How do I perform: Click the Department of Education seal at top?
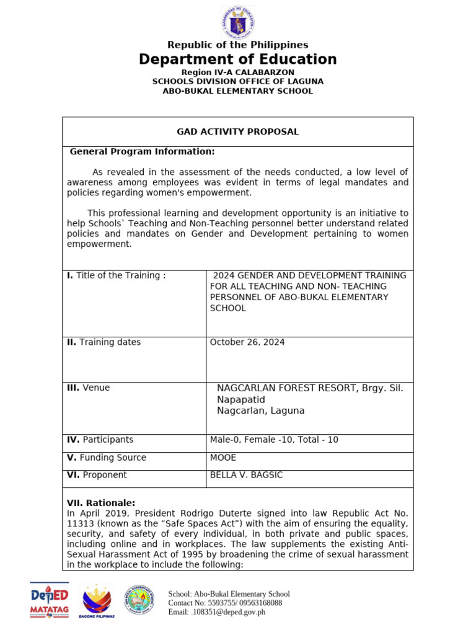[237, 22]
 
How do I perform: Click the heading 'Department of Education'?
[237, 60]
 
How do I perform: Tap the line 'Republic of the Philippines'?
[237, 45]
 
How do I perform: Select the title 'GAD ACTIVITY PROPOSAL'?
[237, 131]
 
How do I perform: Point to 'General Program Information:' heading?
[142, 151]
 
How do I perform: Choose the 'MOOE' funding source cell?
[223, 458]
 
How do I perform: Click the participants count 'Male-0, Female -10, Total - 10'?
[274, 440]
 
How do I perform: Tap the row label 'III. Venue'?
[88, 388]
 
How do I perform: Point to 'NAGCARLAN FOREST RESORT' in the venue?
[285, 388]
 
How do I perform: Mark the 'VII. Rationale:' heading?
[100, 503]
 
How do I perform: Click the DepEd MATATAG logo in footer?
[54, 600]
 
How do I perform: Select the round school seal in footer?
[141, 600]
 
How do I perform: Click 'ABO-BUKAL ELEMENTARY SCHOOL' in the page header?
[237, 91]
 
